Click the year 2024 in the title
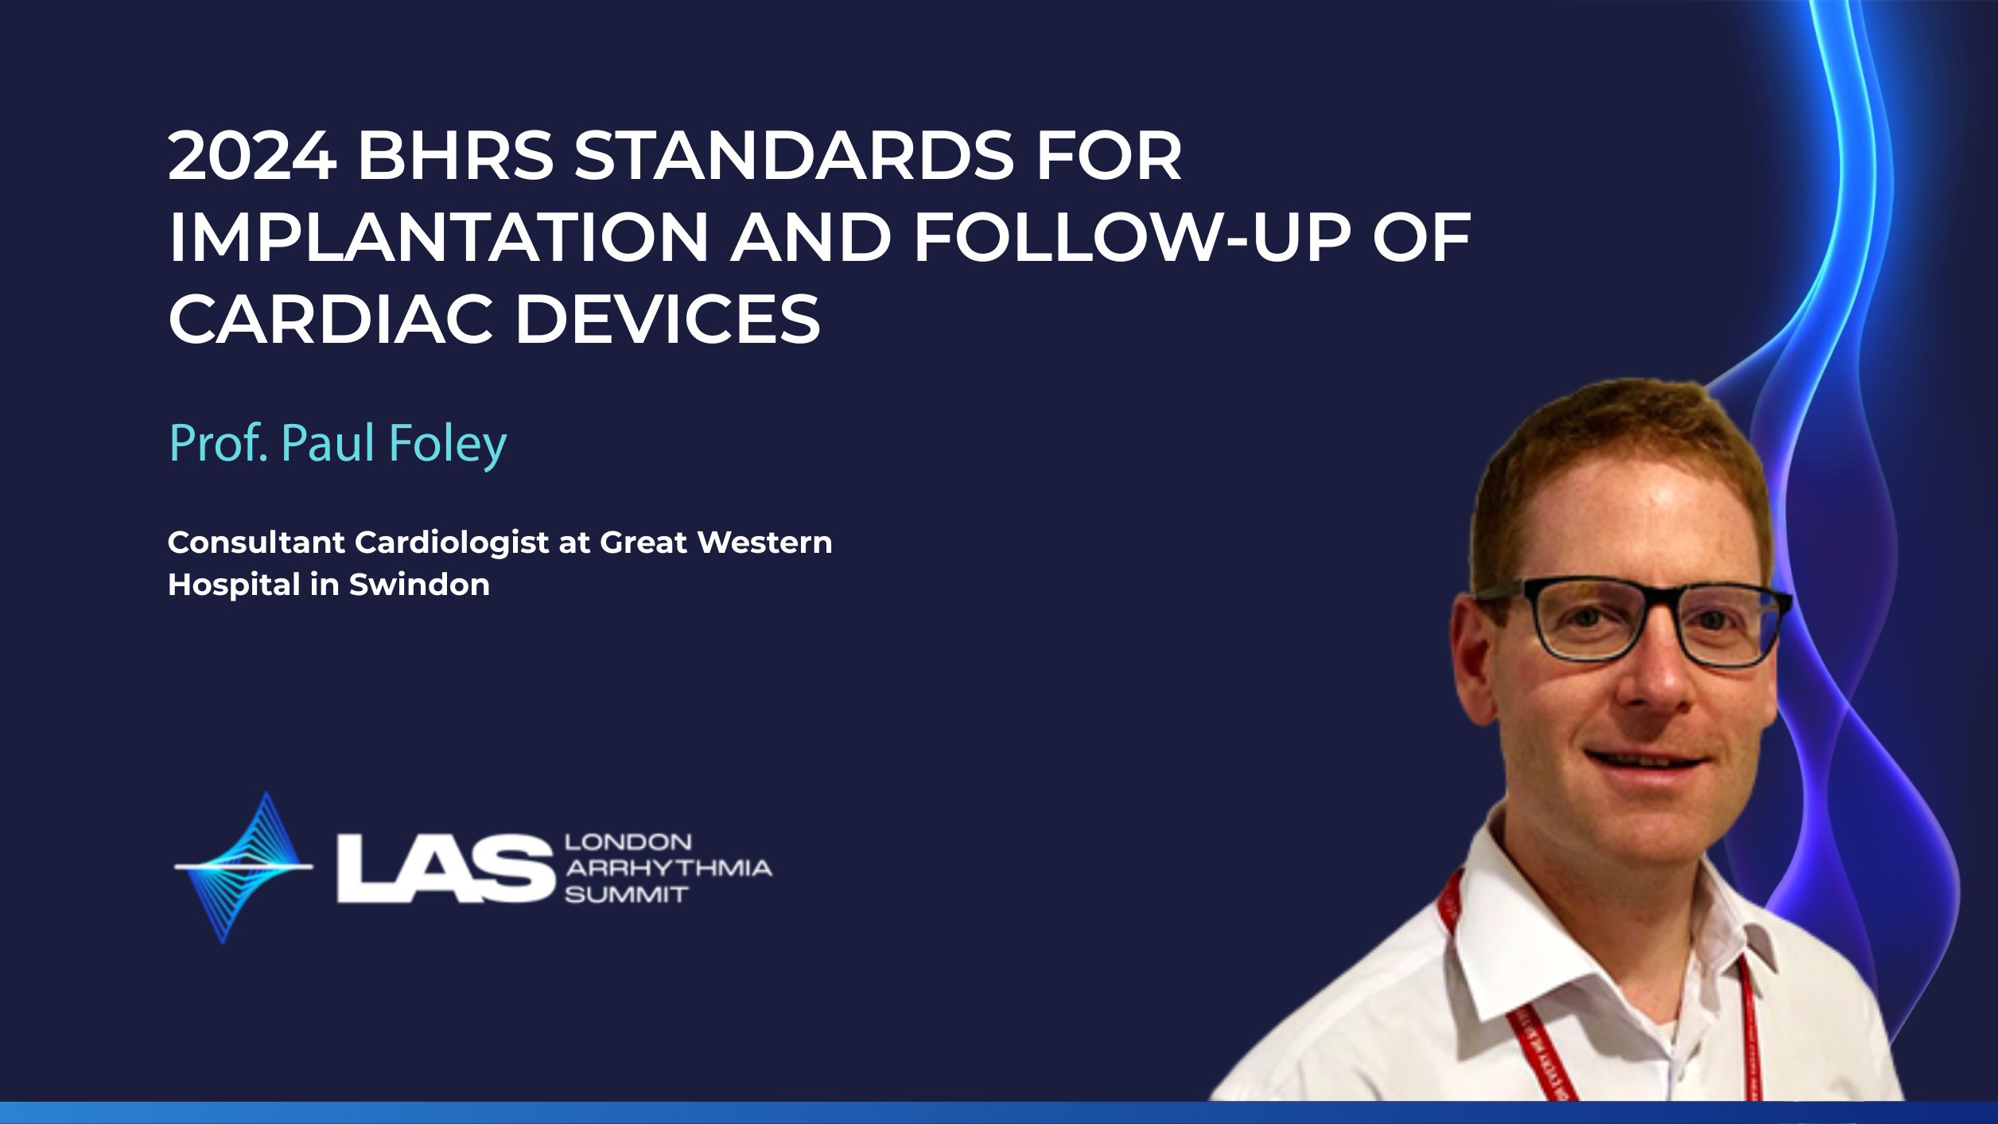[x=252, y=155]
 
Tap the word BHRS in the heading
[x=456, y=155]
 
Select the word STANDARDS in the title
[x=794, y=155]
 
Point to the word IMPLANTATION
[x=438, y=237]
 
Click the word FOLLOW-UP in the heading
[x=1133, y=237]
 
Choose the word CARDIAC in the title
[x=331, y=319]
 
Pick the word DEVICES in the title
[x=668, y=319]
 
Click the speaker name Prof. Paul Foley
[x=338, y=444]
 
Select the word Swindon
[x=419, y=585]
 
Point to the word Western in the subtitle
[x=764, y=543]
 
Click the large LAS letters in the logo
[x=445, y=869]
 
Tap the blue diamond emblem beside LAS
[x=243, y=867]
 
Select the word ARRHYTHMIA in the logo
[x=668, y=868]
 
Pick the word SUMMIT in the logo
[x=626, y=895]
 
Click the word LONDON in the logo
[x=628, y=842]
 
